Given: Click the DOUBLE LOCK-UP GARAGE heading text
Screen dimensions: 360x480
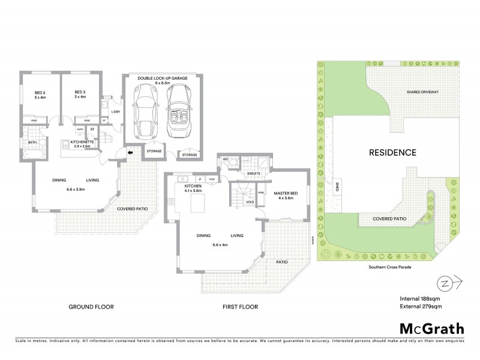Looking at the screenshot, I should coord(161,79).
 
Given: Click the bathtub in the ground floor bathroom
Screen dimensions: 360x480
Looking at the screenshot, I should coord(34,157).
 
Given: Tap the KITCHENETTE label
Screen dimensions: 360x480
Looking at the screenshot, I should coord(80,142).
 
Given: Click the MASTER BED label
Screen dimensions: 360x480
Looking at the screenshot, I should coord(283,193).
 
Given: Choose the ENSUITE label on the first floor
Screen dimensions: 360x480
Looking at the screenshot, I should coord(253,173).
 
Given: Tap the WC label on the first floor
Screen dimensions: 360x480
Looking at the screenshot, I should coord(226,160).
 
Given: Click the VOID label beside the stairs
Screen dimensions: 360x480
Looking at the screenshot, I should coord(250,202).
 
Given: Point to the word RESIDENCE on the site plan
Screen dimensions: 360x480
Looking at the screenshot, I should coord(392,152).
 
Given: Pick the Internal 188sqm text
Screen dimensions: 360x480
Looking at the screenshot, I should coord(419,298).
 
